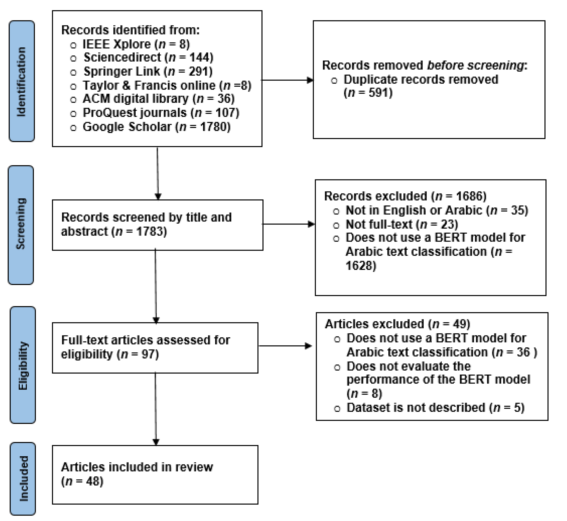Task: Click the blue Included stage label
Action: click(x=23, y=478)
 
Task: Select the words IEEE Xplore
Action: click(x=117, y=44)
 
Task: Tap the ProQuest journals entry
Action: click(x=135, y=113)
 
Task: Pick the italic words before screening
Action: click(x=475, y=65)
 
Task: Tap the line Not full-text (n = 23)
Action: click(x=402, y=224)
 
